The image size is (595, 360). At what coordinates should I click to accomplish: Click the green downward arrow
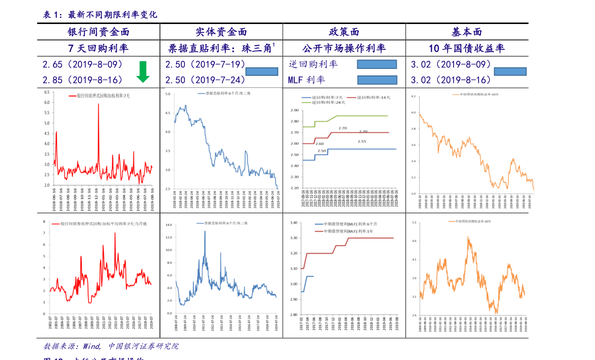143,71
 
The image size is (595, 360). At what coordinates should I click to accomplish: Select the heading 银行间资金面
98,32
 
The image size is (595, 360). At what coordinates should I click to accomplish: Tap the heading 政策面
344,32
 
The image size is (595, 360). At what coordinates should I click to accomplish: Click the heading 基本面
467,32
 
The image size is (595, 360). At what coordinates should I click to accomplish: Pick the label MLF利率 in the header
306,80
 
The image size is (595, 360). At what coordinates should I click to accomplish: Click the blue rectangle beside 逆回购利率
377,64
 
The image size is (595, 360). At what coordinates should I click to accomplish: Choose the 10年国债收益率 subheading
466,48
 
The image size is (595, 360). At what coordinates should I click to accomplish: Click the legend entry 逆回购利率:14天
372,97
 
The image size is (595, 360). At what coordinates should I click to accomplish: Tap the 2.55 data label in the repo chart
362,141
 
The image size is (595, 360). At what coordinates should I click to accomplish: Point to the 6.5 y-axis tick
46,92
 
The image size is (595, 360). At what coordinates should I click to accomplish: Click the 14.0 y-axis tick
168,225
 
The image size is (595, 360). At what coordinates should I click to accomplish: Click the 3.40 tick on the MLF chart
293,223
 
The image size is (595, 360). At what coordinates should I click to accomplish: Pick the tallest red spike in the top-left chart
98,105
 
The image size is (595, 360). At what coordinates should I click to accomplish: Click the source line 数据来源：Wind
68,346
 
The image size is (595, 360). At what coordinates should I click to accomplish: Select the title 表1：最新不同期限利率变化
100,15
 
